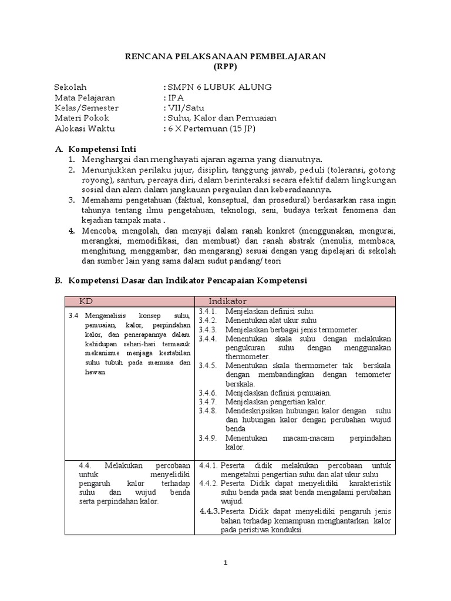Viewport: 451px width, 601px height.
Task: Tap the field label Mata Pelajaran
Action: coord(85,97)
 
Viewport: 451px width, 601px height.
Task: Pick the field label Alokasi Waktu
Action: coord(85,129)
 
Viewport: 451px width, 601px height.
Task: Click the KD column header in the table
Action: coord(86,301)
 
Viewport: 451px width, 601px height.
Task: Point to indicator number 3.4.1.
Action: coord(207,311)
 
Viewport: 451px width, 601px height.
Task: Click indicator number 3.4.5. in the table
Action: coord(208,365)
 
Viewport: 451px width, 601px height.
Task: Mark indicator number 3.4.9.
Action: coord(208,438)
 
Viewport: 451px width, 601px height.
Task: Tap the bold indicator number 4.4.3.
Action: coord(210,511)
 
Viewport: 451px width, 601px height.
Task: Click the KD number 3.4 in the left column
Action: coord(73,315)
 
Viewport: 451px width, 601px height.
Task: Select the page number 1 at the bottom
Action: coord(225,563)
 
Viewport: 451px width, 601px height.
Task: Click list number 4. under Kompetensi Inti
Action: coord(71,231)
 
